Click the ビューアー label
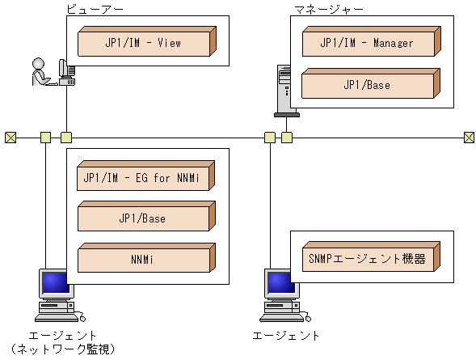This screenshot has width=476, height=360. pyautogui.click(x=91, y=9)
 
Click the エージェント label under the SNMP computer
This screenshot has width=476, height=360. pyautogui.click(x=286, y=335)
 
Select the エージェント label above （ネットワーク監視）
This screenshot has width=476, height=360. pyautogui.click(x=62, y=335)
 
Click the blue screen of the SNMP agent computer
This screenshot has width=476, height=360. pyautogui.click(x=277, y=283)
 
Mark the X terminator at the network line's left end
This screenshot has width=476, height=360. pyautogui.click(x=10, y=137)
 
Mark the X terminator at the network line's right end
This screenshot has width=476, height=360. pyautogui.click(x=469, y=137)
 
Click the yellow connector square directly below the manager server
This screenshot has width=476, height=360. pyautogui.click(x=287, y=137)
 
